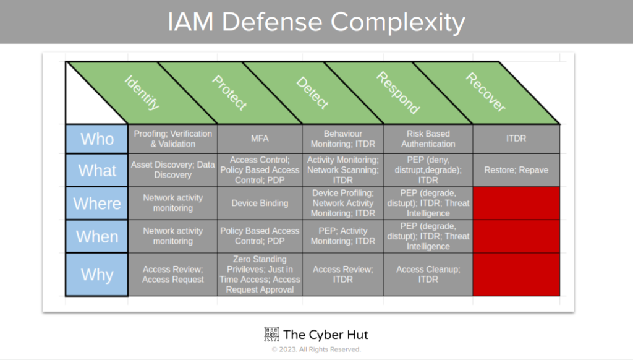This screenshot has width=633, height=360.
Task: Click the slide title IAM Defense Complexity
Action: click(x=316, y=22)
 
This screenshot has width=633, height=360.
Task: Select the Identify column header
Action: click(x=142, y=93)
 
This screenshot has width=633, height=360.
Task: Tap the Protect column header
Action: click(x=229, y=93)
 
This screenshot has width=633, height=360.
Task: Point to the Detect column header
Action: click(x=312, y=93)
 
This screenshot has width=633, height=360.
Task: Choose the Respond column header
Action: click(x=398, y=93)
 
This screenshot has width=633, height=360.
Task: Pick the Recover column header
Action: click(x=485, y=93)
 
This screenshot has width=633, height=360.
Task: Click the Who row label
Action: click(x=97, y=139)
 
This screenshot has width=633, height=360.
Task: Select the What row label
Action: click(x=97, y=170)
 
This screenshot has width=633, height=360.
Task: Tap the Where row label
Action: click(x=97, y=204)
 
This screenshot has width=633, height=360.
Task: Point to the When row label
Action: click(x=97, y=236)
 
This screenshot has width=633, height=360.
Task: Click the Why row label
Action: click(x=97, y=275)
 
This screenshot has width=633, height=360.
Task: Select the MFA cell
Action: click(x=260, y=139)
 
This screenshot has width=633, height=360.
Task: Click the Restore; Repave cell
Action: click(x=516, y=170)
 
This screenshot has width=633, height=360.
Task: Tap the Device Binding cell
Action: click(x=260, y=203)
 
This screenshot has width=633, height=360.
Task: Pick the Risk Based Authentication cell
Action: click(x=428, y=139)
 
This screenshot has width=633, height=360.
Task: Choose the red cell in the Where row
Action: click(x=516, y=203)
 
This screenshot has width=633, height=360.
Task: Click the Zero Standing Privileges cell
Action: click(x=260, y=275)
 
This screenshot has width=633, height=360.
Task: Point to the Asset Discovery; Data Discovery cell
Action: click(x=172, y=170)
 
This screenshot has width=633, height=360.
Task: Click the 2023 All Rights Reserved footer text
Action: click(x=316, y=349)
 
